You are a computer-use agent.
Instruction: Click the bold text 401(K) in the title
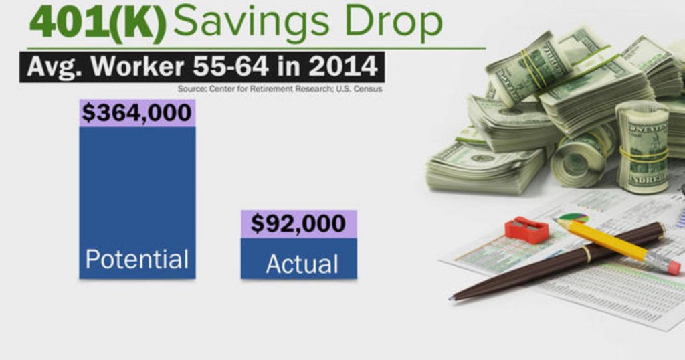click(x=98, y=22)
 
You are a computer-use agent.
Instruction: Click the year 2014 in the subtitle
click(x=343, y=66)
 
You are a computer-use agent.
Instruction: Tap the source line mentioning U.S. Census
click(x=280, y=89)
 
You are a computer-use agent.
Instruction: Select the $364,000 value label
click(x=137, y=112)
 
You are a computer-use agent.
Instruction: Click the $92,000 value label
click(x=298, y=223)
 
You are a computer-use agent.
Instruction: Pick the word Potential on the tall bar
click(x=137, y=259)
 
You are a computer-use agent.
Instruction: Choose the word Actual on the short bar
click(x=302, y=264)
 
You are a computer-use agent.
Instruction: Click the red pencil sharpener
click(x=526, y=230)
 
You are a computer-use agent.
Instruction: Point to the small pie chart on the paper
click(x=573, y=217)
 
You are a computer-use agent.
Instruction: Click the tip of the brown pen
click(x=450, y=299)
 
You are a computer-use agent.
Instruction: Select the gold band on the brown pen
click(x=586, y=254)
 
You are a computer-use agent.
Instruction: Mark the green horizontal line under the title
click(x=256, y=48)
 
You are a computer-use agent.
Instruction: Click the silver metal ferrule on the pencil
click(x=656, y=259)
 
